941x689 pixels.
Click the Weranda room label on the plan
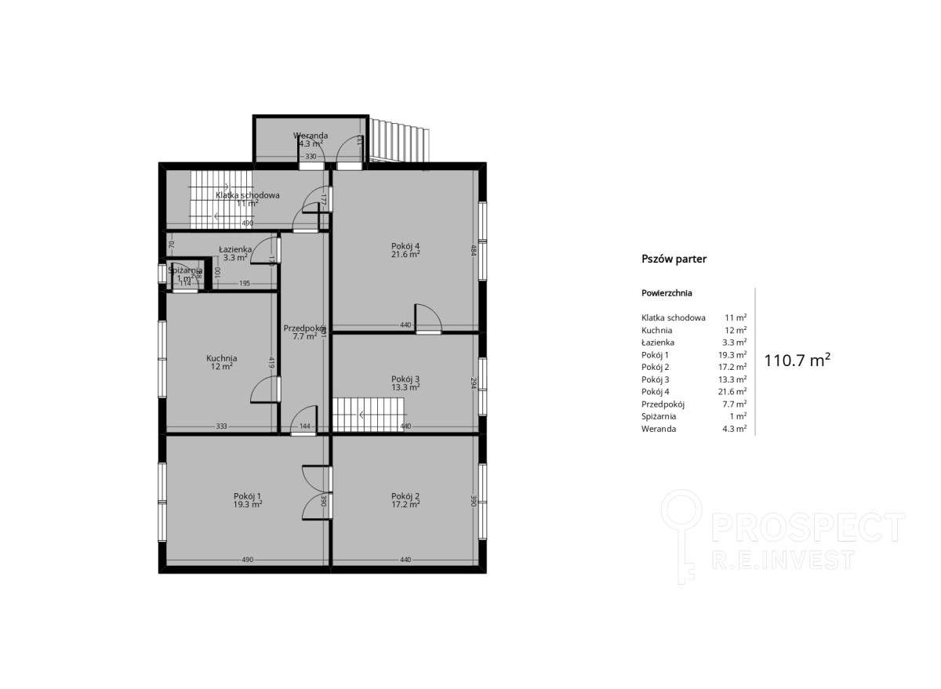click(311, 136)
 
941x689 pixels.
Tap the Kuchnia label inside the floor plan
click(221, 358)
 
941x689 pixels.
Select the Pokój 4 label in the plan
click(405, 246)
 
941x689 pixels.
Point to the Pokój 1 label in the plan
click(247, 495)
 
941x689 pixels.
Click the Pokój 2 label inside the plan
click(405, 495)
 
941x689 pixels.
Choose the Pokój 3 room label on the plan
click(405, 379)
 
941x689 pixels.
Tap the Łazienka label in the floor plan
click(234, 249)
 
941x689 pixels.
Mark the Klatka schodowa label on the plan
click(248, 195)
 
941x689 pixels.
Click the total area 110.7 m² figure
click(797, 360)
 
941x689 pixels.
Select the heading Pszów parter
click(674, 259)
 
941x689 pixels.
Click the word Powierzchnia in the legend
click(667, 293)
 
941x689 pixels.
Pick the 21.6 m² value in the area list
click(735, 391)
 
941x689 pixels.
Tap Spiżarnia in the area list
click(659, 416)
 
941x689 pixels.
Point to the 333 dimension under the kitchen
click(221, 426)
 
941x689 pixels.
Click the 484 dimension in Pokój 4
click(473, 250)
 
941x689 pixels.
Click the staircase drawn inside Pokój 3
click(367, 412)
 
